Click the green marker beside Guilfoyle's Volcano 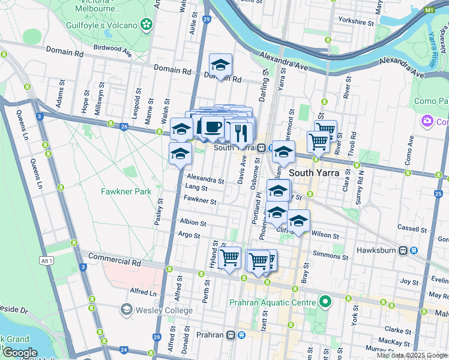click(x=146, y=24)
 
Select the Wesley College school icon click(x=126, y=310)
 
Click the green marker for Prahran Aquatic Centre click(x=325, y=301)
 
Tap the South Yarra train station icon click(x=262, y=148)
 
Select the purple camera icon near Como click(x=428, y=121)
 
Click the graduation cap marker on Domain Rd click(x=220, y=65)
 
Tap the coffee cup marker click(x=212, y=127)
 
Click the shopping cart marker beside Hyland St click(x=230, y=258)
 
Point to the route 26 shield click(x=124, y=127)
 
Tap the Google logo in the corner click(x=19, y=353)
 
